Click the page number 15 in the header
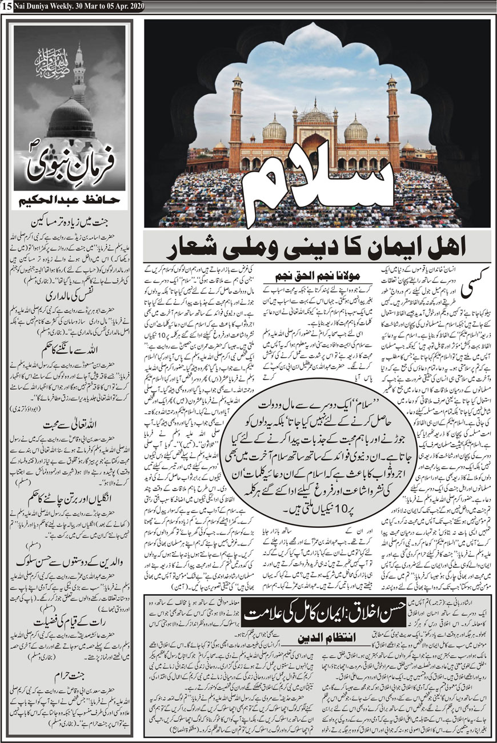pyautogui.click(x=5, y=6)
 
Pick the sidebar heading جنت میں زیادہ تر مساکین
pyautogui.click(x=69, y=218)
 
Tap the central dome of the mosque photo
pyautogui.click(x=315, y=114)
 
